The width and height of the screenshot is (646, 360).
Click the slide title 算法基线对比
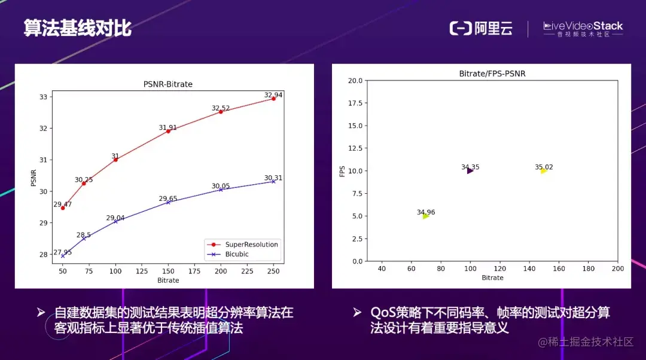coord(78,28)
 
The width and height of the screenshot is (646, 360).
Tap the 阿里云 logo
coord(481,28)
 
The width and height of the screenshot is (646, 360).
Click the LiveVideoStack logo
coord(583,29)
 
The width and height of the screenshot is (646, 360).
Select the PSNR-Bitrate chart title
coord(168,84)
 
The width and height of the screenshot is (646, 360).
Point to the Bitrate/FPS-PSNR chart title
coord(492,74)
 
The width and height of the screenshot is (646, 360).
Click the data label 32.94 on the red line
coord(273,94)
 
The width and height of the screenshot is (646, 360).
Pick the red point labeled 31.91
coord(168,131)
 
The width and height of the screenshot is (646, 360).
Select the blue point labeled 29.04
coord(115,221)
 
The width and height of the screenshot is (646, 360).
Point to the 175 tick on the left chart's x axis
coord(194,271)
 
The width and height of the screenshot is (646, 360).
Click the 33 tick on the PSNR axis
coord(44,97)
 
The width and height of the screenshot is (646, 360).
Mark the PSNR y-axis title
coord(33,178)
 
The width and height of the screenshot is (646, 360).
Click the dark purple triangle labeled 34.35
coord(470,171)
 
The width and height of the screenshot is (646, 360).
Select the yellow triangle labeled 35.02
coord(543,171)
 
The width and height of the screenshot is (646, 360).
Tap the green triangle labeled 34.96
coord(425,216)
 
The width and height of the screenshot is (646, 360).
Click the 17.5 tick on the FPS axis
coord(355,103)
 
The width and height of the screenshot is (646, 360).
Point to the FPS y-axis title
coord(342,170)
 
